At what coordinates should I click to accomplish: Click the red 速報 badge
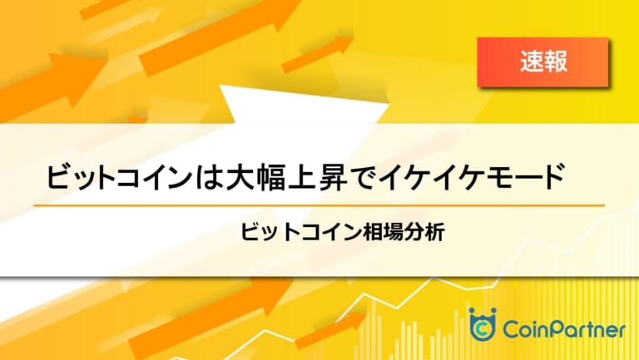click(x=542, y=62)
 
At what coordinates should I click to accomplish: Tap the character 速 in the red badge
click(x=532, y=62)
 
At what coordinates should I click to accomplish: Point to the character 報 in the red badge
click(x=556, y=62)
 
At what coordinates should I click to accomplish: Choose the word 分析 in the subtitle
click(x=424, y=233)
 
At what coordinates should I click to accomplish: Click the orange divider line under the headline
click(x=319, y=205)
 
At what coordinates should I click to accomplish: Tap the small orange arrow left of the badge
click(x=317, y=54)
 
